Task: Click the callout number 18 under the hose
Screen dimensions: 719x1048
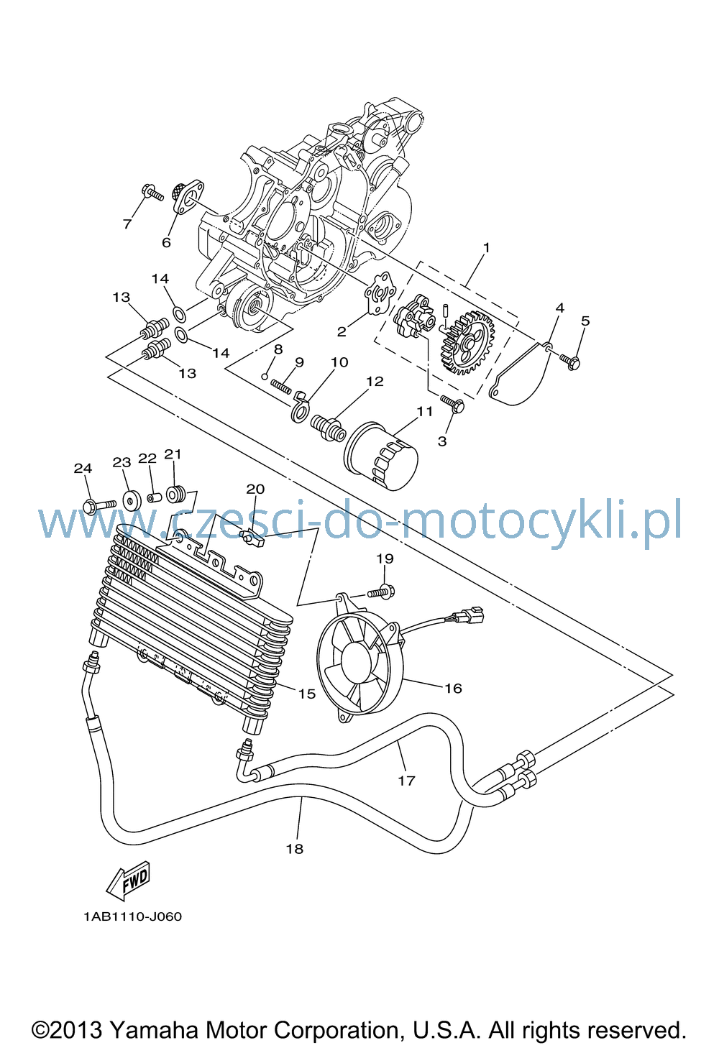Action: tap(295, 849)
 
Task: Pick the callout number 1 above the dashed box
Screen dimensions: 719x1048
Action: tap(486, 247)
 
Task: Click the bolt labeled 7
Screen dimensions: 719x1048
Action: tap(152, 193)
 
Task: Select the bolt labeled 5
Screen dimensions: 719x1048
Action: tap(569, 361)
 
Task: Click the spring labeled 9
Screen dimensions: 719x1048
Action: tap(281, 387)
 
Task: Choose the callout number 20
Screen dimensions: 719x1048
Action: tap(255, 489)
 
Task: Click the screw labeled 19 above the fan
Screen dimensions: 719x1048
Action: tap(381, 592)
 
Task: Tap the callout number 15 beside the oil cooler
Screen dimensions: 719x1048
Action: tap(307, 694)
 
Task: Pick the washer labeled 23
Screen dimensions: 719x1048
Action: tap(132, 500)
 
